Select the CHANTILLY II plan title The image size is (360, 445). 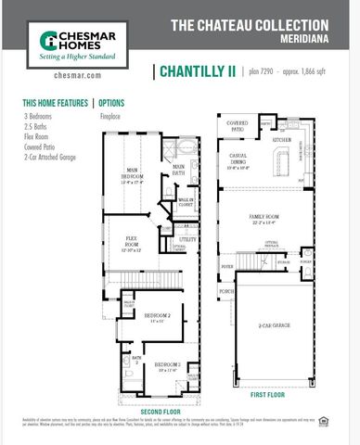point(196,71)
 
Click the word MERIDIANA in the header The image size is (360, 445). point(305,39)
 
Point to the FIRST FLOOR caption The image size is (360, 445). point(268,393)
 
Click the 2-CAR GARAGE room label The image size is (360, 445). point(276,325)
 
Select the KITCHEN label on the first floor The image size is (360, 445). point(281,139)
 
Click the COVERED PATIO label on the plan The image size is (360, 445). point(237,123)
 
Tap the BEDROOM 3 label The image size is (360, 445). point(167,364)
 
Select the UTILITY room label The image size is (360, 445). point(187,238)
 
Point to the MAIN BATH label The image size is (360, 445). point(177,168)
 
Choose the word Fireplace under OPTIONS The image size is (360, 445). point(109,117)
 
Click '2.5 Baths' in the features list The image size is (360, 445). point(38,124)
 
